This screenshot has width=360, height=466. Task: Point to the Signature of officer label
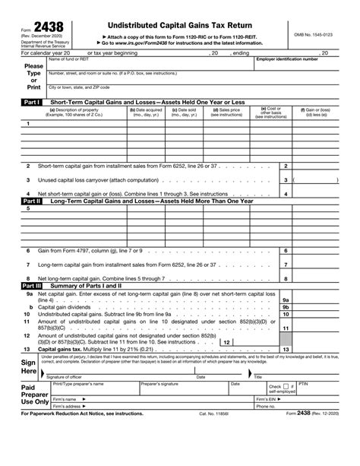[68, 377]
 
